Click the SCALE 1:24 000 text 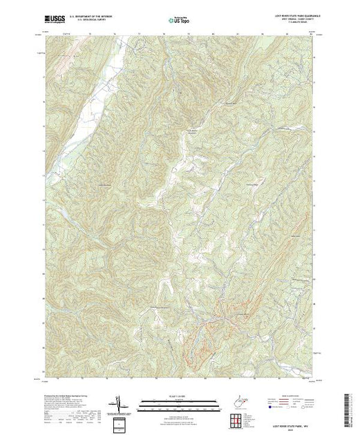point(180,396)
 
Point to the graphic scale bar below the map point(180,402)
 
